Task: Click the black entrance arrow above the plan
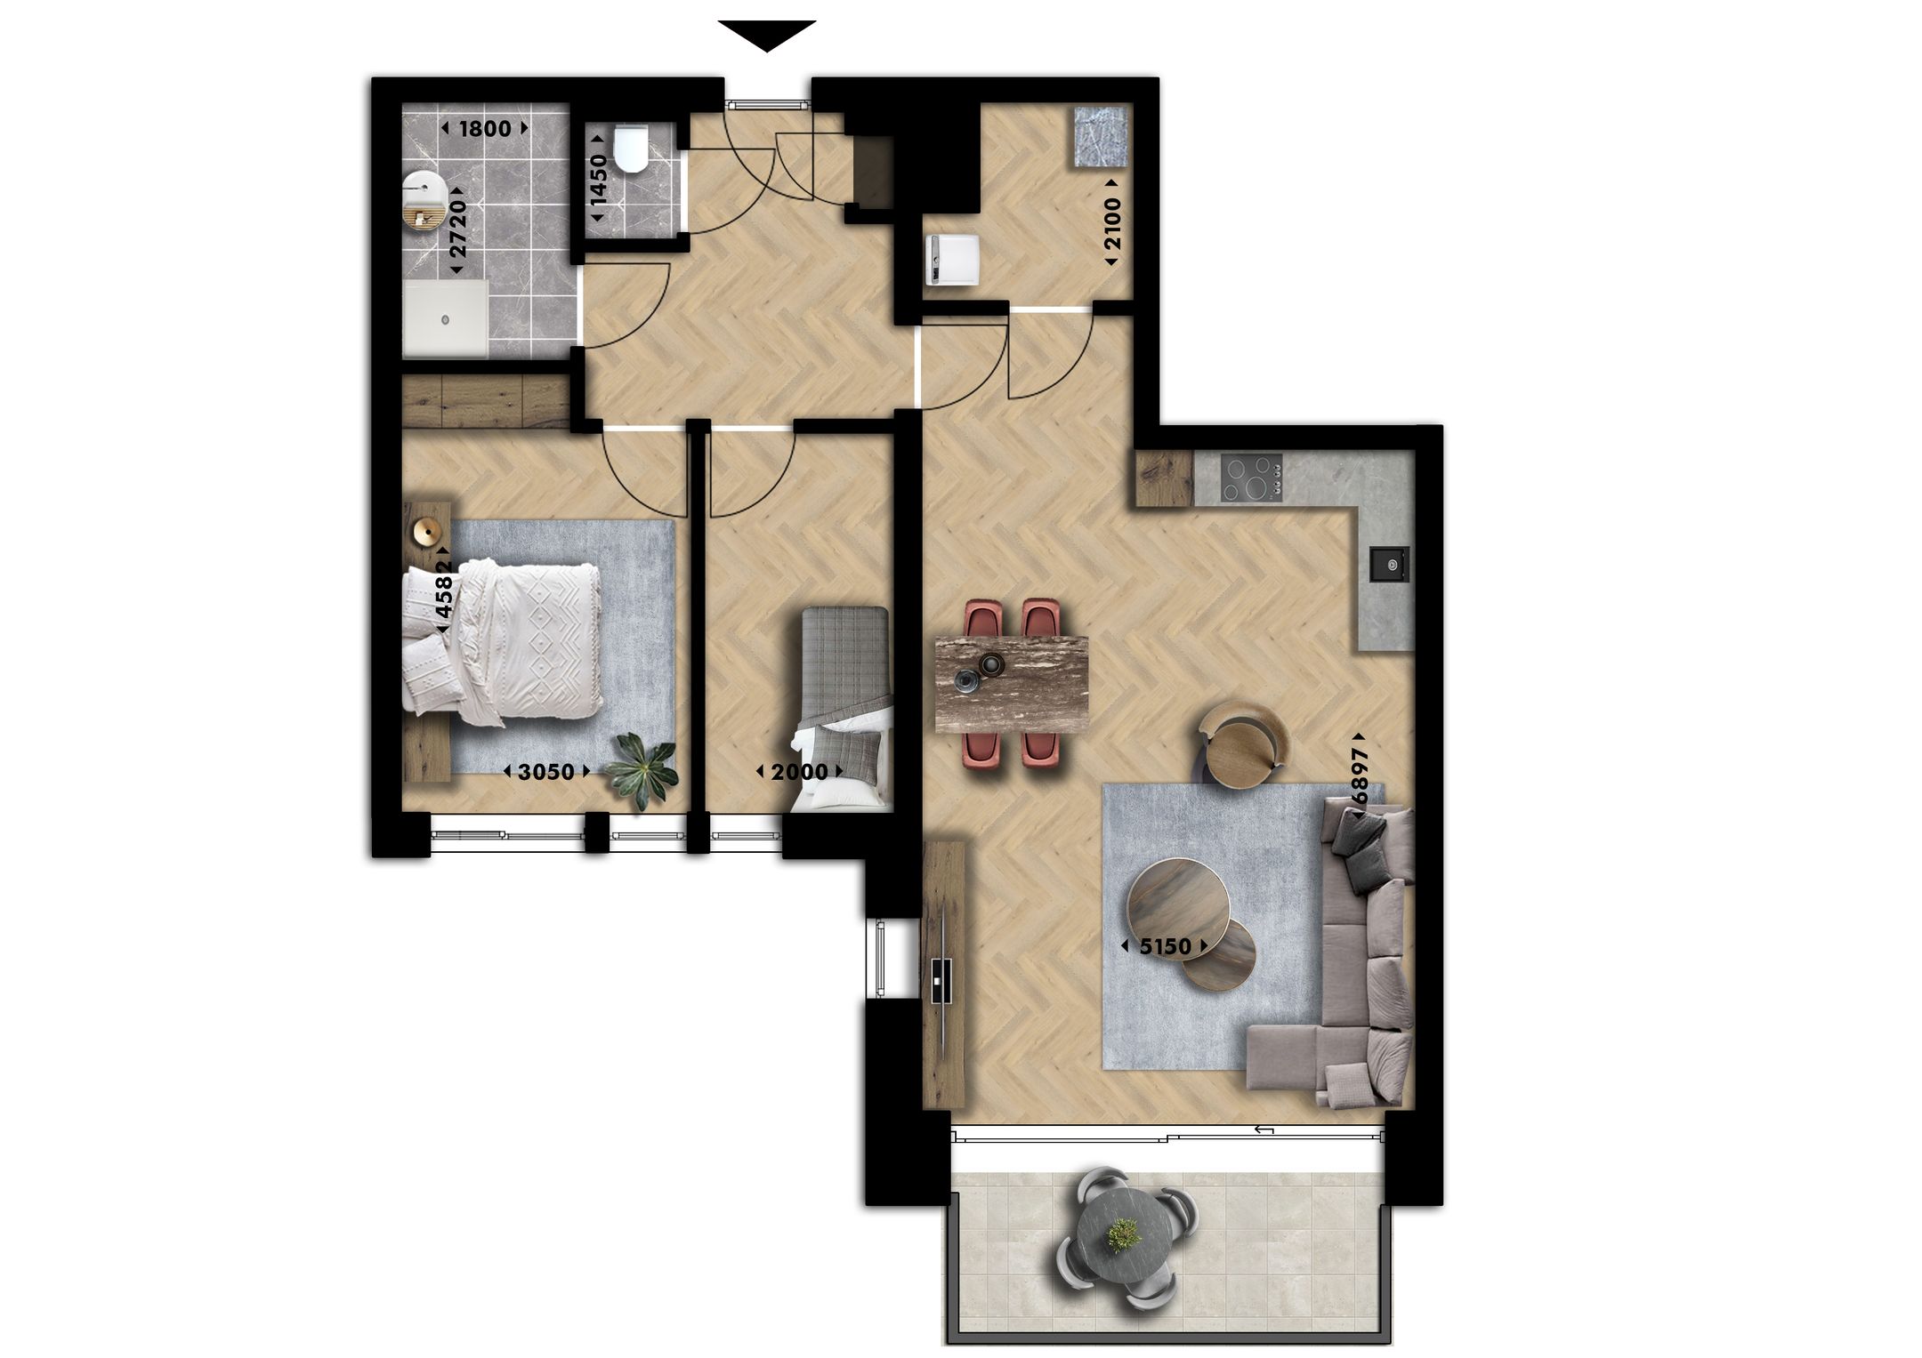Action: point(766,35)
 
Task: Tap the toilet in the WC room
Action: point(633,149)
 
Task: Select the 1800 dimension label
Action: point(484,129)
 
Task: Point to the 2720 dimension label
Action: point(457,228)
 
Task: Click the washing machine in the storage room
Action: point(951,259)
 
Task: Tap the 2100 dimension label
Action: point(1111,222)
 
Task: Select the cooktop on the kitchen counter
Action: point(1251,478)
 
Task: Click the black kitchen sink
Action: point(1388,563)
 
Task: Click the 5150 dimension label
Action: point(1165,946)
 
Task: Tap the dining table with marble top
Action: point(1013,683)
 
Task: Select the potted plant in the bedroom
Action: point(642,768)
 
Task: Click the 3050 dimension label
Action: point(545,772)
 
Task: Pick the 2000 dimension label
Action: point(799,772)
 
